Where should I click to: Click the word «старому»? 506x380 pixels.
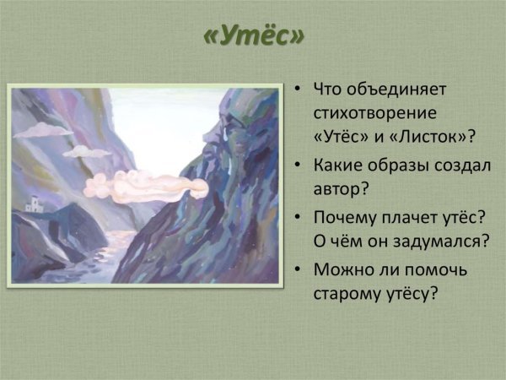[349, 295]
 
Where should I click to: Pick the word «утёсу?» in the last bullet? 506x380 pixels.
[413, 295]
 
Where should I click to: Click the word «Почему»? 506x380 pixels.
[346, 218]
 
